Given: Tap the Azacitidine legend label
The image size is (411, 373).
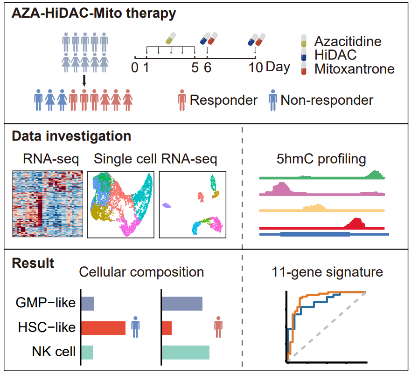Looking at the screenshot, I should [347, 41].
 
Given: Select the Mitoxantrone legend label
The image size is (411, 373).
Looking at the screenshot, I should [354, 69].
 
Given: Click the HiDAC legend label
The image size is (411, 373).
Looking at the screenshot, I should [335, 55].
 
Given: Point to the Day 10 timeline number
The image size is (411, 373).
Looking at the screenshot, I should [256, 67].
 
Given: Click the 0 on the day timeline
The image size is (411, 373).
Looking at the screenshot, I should [134, 67].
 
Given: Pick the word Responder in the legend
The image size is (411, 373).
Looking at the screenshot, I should [223, 100].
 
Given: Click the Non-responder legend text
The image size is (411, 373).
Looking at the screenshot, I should [327, 100].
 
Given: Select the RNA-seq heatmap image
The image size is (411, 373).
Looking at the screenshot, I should [48, 204].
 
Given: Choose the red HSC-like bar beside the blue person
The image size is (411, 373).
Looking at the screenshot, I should [103, 328].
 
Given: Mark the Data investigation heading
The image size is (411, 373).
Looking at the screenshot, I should [71, 136].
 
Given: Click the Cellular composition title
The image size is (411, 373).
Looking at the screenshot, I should [141, 272].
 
